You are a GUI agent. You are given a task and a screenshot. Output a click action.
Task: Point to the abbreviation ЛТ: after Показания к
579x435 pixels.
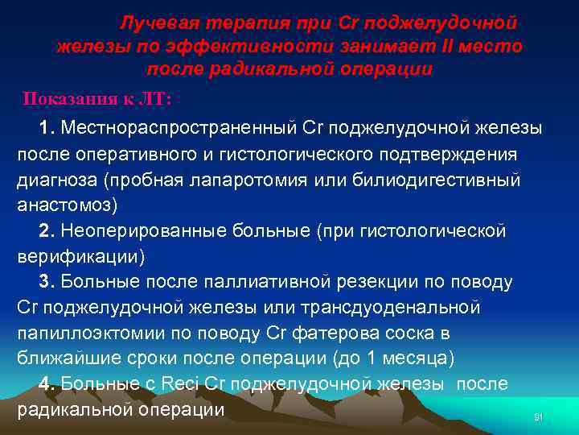(x=154, y=98)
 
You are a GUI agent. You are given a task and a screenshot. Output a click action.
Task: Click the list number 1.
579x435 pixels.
(x=46, y=128)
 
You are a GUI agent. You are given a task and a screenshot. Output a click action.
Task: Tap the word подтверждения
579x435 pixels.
(x=441, y=154)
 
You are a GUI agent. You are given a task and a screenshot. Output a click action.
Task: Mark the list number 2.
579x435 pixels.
(x=46, y=231)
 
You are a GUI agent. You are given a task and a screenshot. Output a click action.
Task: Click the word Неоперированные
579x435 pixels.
(x=150, y=231)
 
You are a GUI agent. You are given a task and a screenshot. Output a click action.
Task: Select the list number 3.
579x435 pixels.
(x=46, y=282)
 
